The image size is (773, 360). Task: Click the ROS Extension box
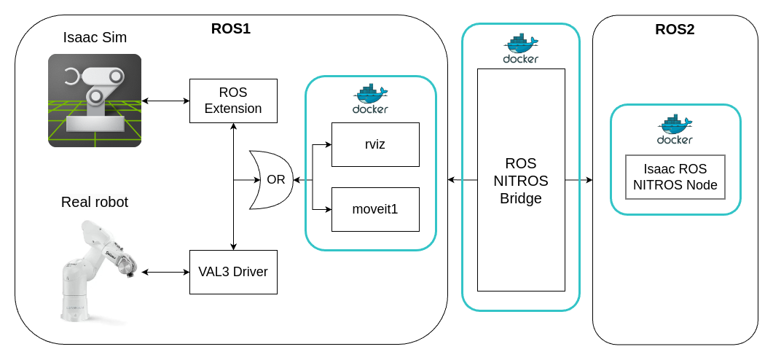pos(233,101)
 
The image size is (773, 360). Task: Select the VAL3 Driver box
pos(233,272)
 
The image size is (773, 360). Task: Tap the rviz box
pos(375,144)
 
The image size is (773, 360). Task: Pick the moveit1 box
pos(375,209)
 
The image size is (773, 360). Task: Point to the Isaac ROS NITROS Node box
pos(675,177)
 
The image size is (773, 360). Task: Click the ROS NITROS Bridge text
pos(521,180)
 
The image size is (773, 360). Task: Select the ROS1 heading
pos(230,29)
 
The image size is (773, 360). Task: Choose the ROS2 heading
pos(675,30)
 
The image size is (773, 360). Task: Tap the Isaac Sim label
pos(95,37)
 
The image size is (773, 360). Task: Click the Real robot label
pos(95,202)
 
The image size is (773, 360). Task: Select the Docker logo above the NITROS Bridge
pos(521,48)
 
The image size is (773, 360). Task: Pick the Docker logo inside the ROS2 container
pos(675,129)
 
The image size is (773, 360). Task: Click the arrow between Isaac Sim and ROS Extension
pos(166,101)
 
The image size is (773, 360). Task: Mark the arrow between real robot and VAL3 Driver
pos(166,272)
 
